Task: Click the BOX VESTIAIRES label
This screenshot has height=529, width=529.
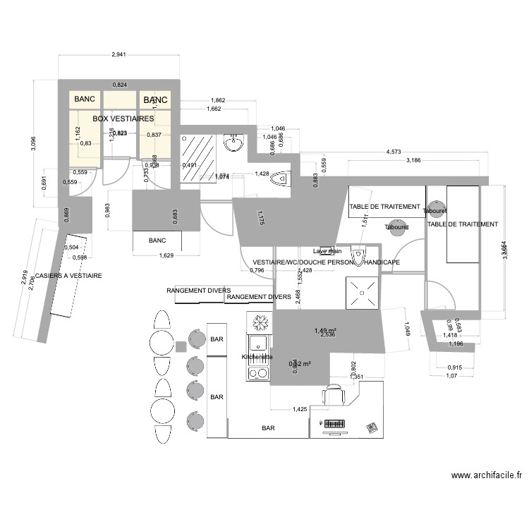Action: (x=123, y=119)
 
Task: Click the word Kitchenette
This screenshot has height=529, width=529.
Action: (x=257, y=358)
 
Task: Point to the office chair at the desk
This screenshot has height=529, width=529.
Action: (x=333, y=396)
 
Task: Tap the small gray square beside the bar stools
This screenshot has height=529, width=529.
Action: (x=181, y=346)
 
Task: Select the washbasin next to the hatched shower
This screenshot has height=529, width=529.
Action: (x=233, y=144)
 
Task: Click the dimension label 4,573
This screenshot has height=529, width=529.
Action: (x=394, y=152)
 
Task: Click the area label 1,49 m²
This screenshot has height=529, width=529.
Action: (x=325, y=330)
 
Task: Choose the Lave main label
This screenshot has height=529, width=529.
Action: (x=327, y=251)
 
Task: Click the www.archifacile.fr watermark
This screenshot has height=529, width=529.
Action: (x=487, y=476)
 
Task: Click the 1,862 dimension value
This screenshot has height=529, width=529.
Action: (x=218, y=101)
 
